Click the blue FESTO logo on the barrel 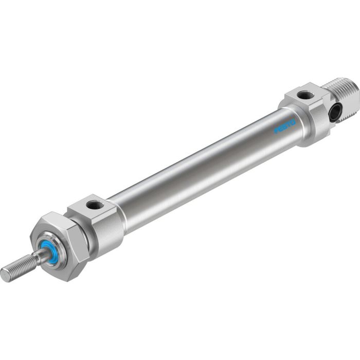click(x=284, y=127)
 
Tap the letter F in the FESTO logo click(x=276, y=131)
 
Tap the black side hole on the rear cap click(x=335, y=113)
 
